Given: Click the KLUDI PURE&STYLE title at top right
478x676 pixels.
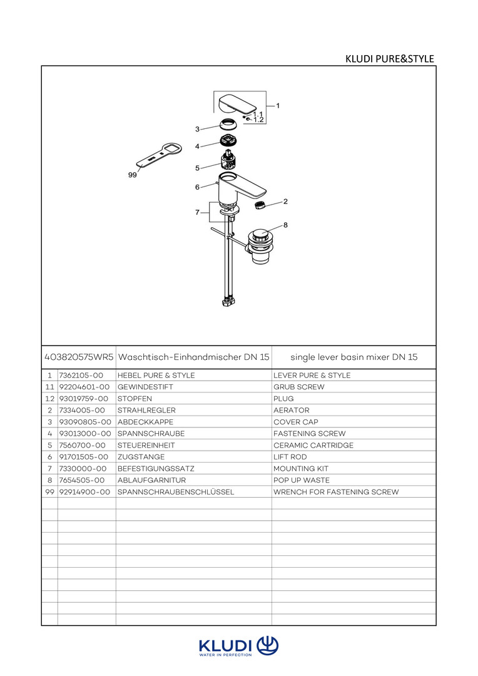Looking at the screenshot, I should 390,59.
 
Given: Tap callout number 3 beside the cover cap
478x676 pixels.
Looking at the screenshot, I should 197,129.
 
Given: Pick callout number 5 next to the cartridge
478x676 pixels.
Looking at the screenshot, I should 197,168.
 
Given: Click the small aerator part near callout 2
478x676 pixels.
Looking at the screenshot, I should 259,205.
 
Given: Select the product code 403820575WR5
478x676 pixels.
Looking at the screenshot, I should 79,357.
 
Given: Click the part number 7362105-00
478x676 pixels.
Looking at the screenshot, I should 76,376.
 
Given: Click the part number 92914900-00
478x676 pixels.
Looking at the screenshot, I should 84,492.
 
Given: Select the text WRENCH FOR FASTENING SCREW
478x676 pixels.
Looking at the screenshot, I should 336,492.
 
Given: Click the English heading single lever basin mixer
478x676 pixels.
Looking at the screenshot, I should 353,357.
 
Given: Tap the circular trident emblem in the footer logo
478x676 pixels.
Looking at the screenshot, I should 268,645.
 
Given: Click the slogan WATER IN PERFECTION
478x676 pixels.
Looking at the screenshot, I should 225,655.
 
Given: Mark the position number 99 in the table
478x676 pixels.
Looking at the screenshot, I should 49,492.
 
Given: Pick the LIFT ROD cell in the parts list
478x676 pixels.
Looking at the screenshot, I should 290,457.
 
